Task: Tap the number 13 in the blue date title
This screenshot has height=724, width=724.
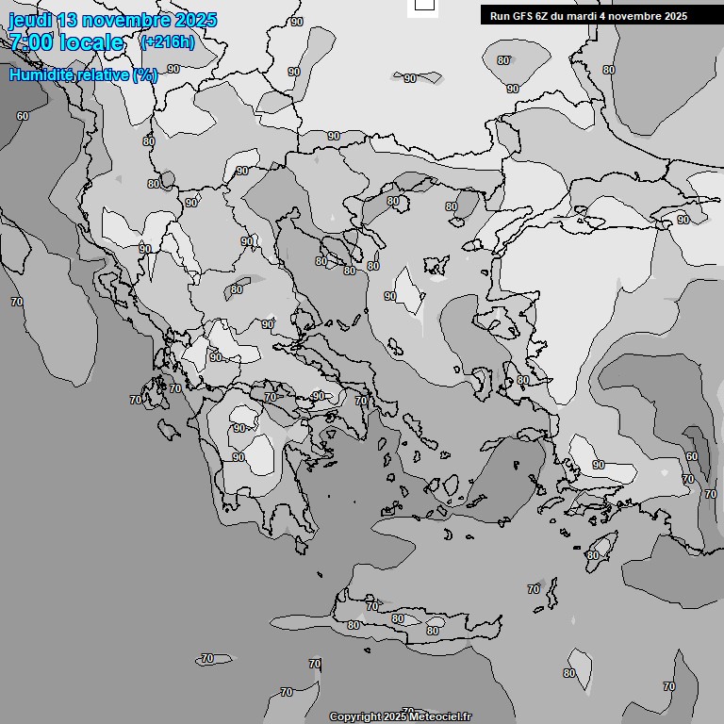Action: pyautogui.click(x=69, y=21)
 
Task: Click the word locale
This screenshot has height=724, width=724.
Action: pyautogui.click(x=91, y=42)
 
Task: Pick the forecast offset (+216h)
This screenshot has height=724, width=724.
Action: pyautogui.click(x=167, y=42)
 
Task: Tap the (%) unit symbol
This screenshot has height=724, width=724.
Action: pyautogui.click(x=145, y=75)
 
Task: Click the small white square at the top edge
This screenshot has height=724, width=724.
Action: pyautogui.click(x=424, y=4)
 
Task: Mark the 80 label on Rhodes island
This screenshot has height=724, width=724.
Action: pyautogui.click(x=592, y=555)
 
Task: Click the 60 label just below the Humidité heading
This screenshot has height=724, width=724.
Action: pyautogui.click(x=23, y=116)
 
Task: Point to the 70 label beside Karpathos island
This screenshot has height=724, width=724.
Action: pyautogui.click(x=534, y=589)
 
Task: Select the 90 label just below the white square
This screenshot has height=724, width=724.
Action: pyautogui.click(x=410, y=78)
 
